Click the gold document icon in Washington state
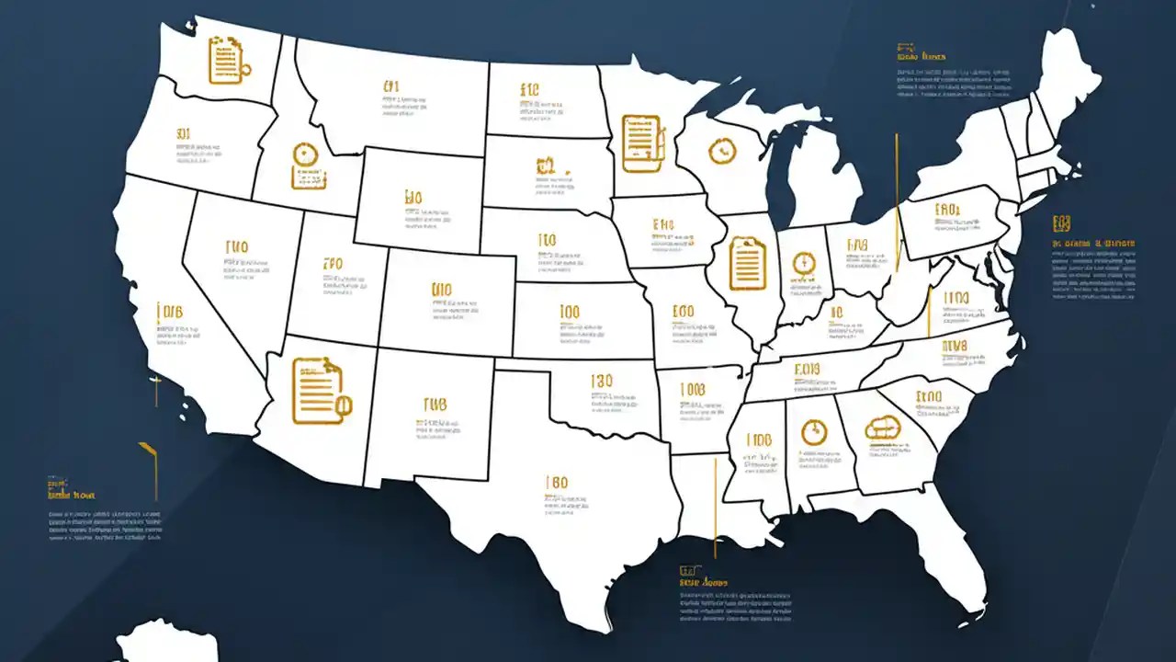click(x=224, y=60)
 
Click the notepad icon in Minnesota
click(x=642, y=143)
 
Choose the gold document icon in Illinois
click(x=747, y=263)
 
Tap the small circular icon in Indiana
click(x=803, y=263)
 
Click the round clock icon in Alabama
click(x=814, y=431)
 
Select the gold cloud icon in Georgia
click(x=884, y=428)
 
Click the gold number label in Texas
click(x=557, y=483)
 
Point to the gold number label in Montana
click(x=392, y=87)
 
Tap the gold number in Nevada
click(x=236, y=247)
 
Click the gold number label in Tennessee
click(x=806, y=370)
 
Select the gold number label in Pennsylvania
click(x=946, y=210)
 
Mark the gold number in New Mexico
click(x=435, y=405)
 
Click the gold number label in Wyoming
click(x=413, y=198)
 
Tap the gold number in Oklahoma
click(x=602, y=381)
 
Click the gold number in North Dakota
click(x=529, y=90)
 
